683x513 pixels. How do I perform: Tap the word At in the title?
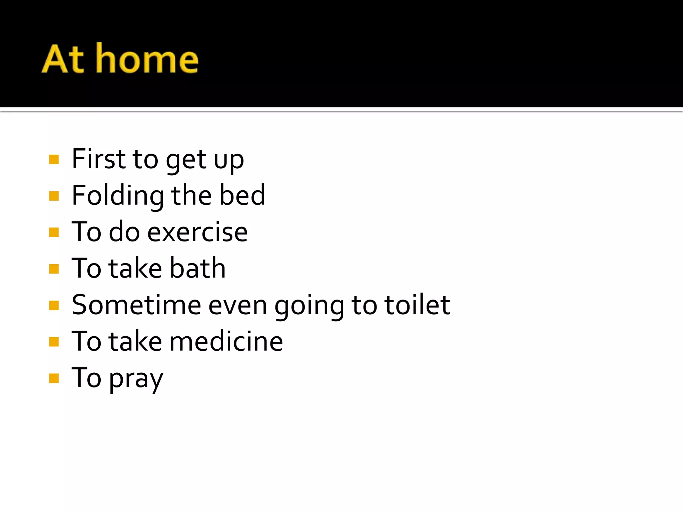click(63, 59)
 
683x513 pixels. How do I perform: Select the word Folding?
click(118, 196)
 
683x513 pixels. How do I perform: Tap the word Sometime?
click(136, 305)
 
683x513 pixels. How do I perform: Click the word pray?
click(136, 379)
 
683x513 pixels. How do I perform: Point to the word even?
click(237, 306)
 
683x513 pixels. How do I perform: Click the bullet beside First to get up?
click(54, 159)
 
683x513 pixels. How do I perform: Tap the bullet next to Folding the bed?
click(54, 196)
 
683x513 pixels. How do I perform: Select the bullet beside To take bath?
click(54, 269)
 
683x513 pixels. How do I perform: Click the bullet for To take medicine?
click(54, 342)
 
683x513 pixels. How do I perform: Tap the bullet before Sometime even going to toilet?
click(54, 305)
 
